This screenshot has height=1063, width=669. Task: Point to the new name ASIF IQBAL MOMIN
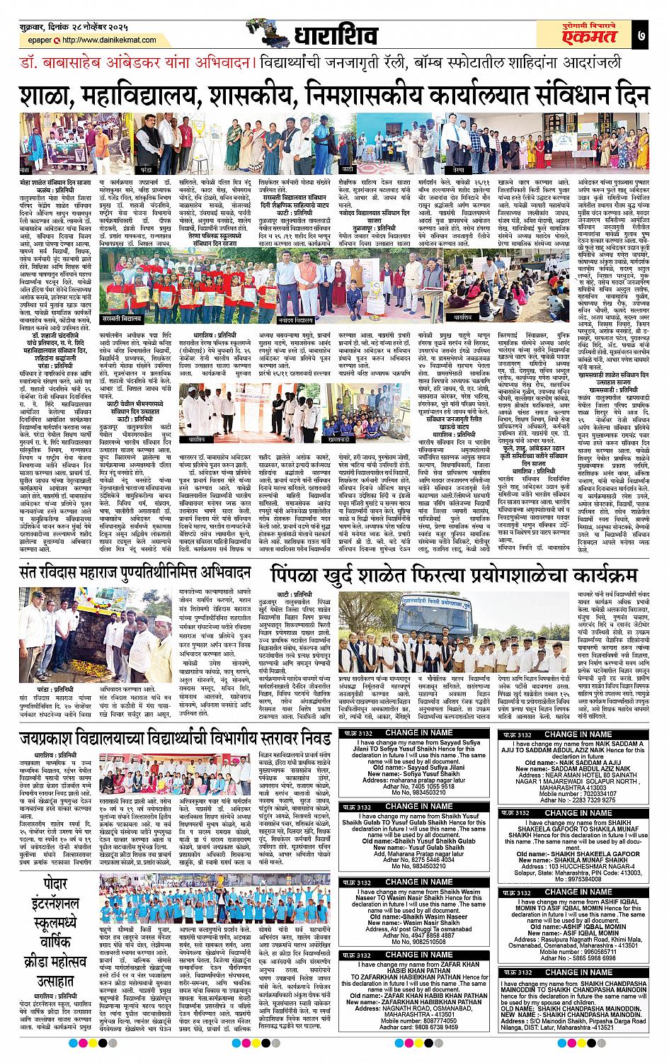[x=583, y=933]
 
